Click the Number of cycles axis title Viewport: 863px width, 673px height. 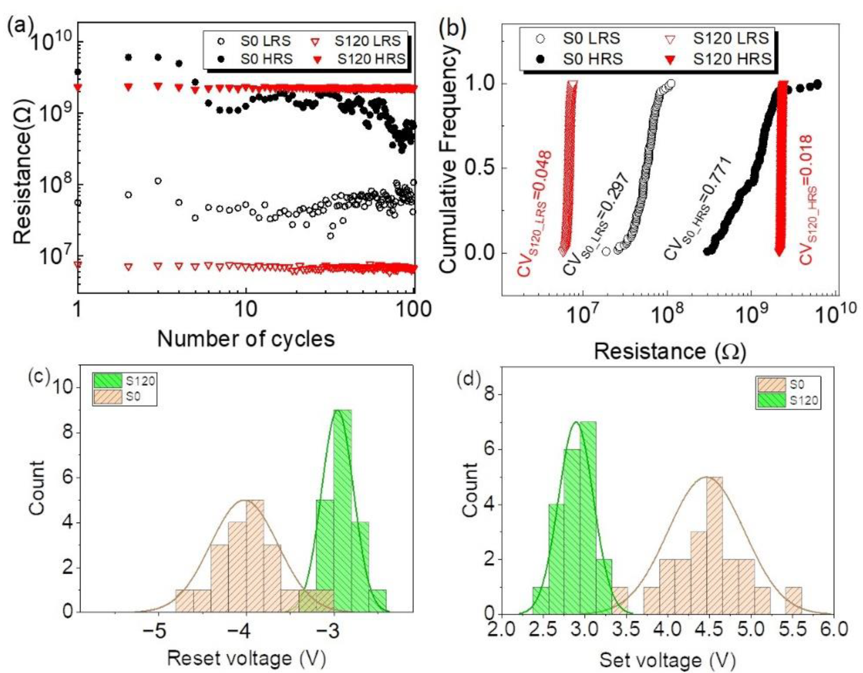point(246,339)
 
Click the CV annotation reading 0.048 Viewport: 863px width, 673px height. point(534,213)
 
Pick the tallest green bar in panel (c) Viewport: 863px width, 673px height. point(342,510)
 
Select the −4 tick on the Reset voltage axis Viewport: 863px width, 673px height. point(246,631)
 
